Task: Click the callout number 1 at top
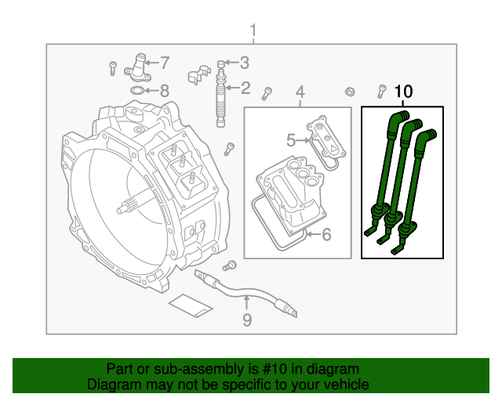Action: [x=253, y=31]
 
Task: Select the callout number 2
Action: [x=246, y=89]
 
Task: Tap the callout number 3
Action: [x=245, y=63]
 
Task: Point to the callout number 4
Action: [x=300, y=93]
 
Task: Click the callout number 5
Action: [x=291, y=141]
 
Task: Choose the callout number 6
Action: [x=326, y=233]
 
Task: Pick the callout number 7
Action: [x=165, y=62]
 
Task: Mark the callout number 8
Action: [x=164, y=90]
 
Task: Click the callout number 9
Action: [x=246, y=320]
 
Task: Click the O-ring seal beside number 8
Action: [x=136, y=91]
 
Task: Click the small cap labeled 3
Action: [x=221, y=63]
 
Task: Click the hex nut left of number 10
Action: [x=348, y=92]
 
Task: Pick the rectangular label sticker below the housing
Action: [x=191, y=305]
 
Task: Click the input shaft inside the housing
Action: [x=129, y=208]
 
